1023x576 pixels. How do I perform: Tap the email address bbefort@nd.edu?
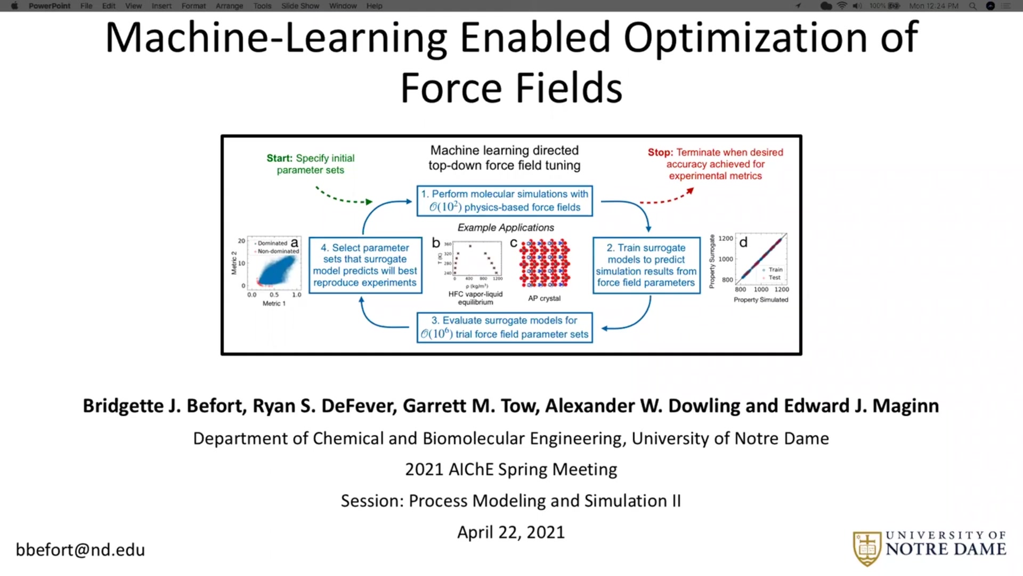tap(80, 550)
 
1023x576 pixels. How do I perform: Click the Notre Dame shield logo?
tap(867, 548)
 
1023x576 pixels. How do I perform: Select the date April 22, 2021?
tap(510, 532)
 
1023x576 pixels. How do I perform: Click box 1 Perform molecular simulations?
tap(504, 201)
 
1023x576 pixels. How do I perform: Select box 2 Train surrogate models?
tap(646, 265)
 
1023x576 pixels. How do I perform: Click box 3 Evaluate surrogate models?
tap(504, 327)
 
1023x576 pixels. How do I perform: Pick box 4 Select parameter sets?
tap(365, 265)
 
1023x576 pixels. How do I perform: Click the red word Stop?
tap(660, 153)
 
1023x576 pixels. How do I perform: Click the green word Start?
tap(279, 158)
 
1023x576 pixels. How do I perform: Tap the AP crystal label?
tap(544, 298)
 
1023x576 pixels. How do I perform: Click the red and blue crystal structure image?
tap(545, 263)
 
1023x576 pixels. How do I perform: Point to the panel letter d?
tap(743, 243)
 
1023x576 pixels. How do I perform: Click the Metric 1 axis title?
tap(274, 303)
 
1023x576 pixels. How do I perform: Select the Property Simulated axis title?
tap(760, 300)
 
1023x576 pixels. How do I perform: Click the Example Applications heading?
tap(505, 228)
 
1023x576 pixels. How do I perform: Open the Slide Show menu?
tap(300, 6)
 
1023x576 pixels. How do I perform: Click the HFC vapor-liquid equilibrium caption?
tap(475, 298)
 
